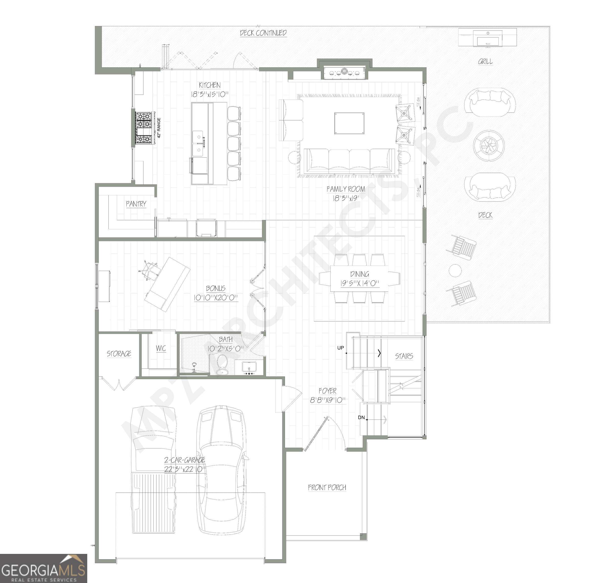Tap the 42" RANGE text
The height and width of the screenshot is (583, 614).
[159, 128]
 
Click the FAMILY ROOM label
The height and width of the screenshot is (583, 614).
[346, 189]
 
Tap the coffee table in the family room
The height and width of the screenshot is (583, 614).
[349, 123]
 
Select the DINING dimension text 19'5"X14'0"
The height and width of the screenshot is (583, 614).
[360, 283]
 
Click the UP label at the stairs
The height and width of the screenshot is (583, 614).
[340, 348]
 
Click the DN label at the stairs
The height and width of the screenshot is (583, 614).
[361, 417]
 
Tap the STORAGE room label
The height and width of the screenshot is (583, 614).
[119, 354]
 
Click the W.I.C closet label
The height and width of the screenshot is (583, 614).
[161, 348]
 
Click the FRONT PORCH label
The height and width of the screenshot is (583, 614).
[327, 488]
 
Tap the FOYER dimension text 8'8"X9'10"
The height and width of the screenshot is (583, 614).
[328, 400]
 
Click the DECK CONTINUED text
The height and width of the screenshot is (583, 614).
[263, 33]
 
